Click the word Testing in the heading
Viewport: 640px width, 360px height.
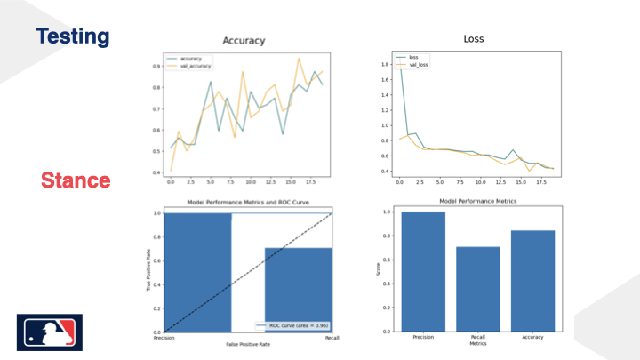(72, 36)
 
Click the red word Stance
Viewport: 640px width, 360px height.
(76, 180)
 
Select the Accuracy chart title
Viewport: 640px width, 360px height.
(243, 41)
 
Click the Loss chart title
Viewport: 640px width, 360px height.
(475, 39)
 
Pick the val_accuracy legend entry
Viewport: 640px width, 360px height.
(195, 66)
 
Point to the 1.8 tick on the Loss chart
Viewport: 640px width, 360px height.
(384, 64)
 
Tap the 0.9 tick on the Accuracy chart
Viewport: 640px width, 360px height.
(157, 66)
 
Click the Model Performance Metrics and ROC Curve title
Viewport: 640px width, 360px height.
(249, 204)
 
